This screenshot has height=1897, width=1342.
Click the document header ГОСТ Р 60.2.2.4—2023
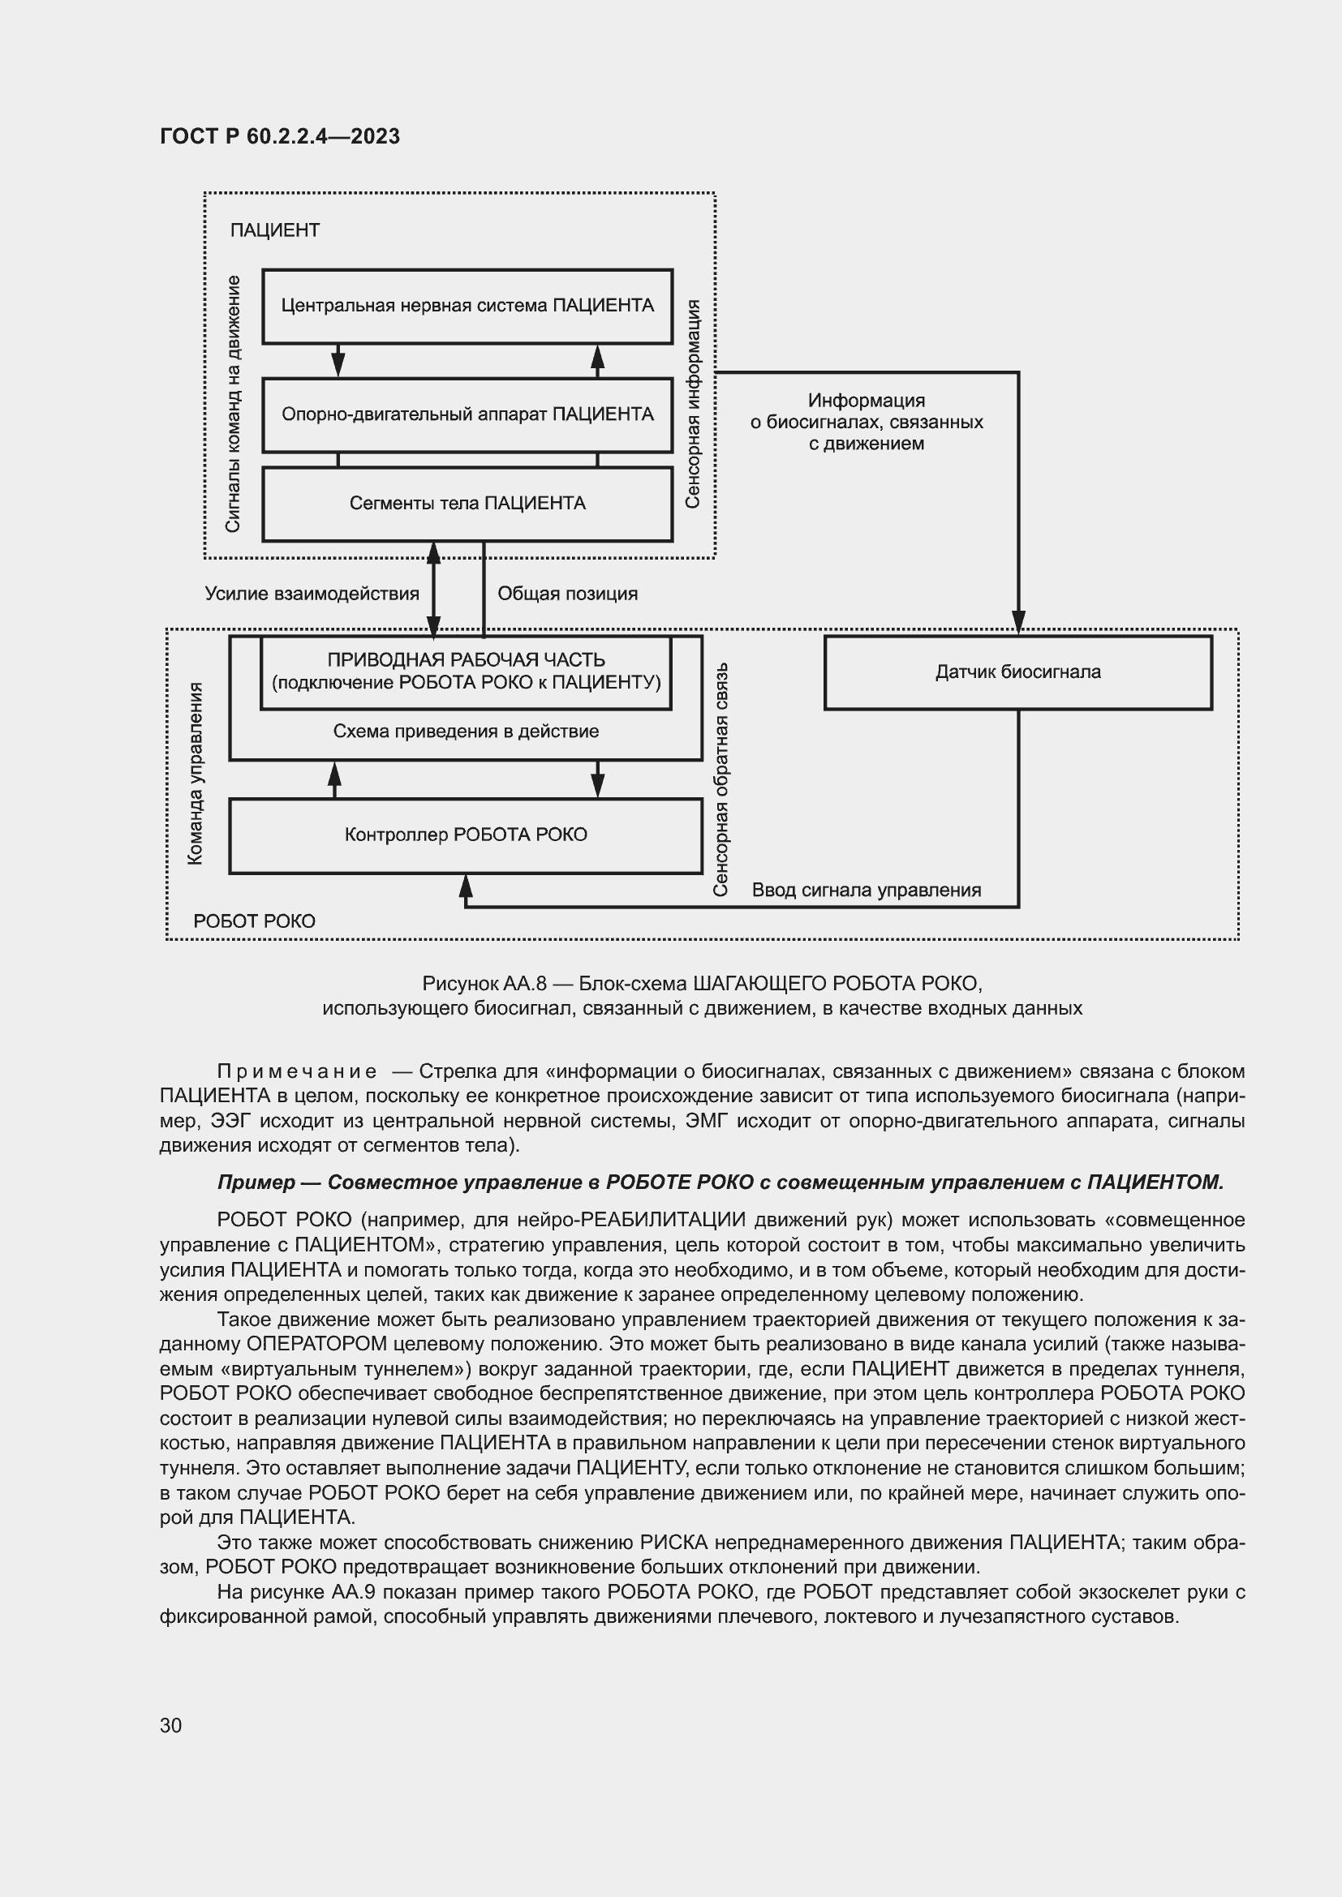279,136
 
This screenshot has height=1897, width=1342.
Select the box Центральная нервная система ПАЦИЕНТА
467,306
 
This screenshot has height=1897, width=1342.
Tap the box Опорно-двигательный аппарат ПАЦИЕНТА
467,414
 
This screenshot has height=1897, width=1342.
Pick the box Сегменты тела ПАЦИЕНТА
467,504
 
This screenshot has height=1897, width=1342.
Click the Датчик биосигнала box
1017,672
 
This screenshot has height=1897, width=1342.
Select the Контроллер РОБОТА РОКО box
465,835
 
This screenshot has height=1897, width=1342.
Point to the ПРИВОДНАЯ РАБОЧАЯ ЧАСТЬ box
465,671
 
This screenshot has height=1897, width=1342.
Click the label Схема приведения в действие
465,732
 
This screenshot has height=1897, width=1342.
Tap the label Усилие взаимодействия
312,593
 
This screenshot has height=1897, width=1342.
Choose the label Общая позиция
567,593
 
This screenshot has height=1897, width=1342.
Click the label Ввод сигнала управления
866,890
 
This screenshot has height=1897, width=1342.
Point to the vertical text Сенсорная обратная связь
720,779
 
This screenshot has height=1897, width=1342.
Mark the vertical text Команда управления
195,774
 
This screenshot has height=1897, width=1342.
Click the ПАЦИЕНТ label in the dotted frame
274,230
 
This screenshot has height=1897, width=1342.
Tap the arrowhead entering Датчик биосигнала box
1018,622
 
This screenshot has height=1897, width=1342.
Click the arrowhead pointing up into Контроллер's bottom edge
465,886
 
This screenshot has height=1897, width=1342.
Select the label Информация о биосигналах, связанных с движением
866,423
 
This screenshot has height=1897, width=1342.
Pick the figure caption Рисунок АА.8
702,996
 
